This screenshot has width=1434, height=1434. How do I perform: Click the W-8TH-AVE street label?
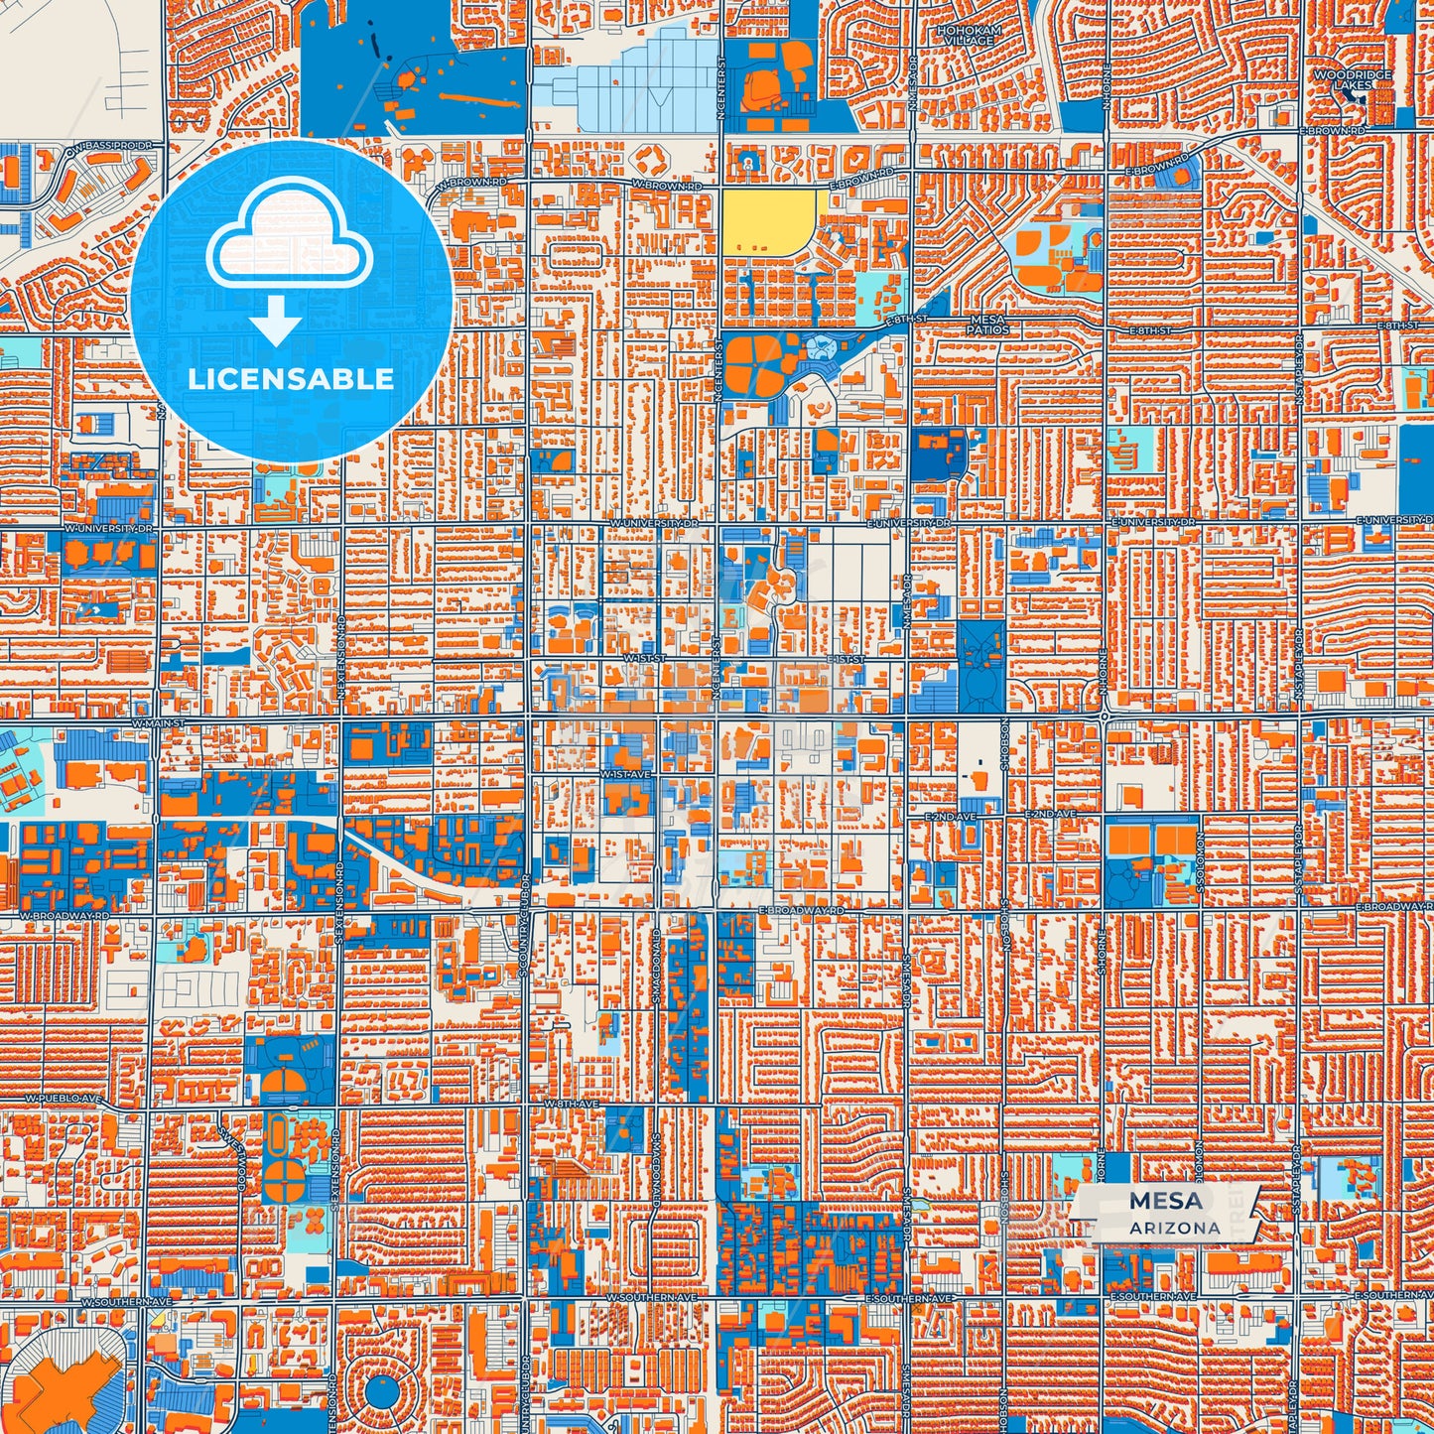tap(571, 1104)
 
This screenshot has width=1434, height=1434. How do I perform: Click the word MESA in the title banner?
tap(1165, 1201)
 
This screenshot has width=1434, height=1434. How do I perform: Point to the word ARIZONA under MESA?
tap(1174, 1228)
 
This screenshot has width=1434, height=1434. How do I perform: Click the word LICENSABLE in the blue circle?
tap(291, 378)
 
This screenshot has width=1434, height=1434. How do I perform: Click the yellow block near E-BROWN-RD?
tap(769, 220)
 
